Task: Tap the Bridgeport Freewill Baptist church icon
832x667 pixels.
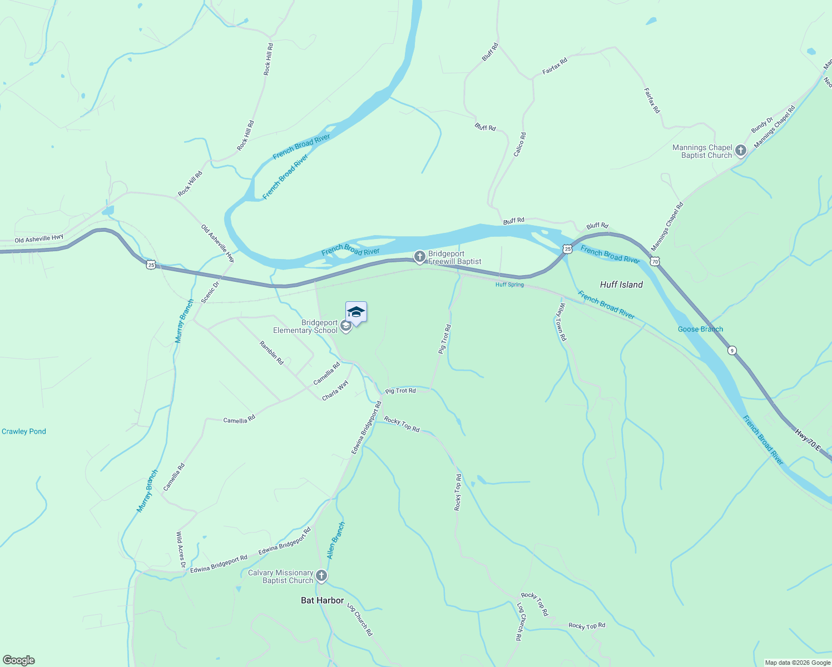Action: pyautogui.click(x=419, y=256)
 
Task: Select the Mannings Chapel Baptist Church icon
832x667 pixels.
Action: pyautogui.click(x=740, y=151)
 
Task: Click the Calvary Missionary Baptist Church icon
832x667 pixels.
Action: pyautogui.click(x=321, y=576)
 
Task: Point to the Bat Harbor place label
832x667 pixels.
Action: pyautogui.click(x=322, y=600)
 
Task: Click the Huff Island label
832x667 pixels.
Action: pyautogui.click(x=621, y=285)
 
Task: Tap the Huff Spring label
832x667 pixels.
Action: pyautogui.click(x=509, y=285)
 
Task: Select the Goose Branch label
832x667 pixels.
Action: pyautogui.click(x=700, y=329)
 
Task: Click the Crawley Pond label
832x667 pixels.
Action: pyautogui.click(x=24, y=431)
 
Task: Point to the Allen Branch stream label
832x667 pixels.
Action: pyautogui.click(x=336, y=540)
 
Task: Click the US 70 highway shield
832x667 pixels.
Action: pyautogui.click(x=655, y=261)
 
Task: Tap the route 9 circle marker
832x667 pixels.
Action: pyautogui.click(x=732, y=350)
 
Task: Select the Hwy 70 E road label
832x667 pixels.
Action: pyautogui.click(x=807, y=439)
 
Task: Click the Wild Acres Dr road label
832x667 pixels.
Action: pyautogui.click(x=180, y=549)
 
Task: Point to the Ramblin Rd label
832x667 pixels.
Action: pyautogui.click(x=271, y=353)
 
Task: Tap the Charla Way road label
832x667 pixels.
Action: pyautogui.click(x=335, y=390)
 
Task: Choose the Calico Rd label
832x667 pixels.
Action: pyautogui.click(x=519, y=144)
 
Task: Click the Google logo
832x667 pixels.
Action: pyautogui.click(x=18, y=660)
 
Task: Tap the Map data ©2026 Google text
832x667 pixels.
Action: pyautogui.click(x=798, y=663)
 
